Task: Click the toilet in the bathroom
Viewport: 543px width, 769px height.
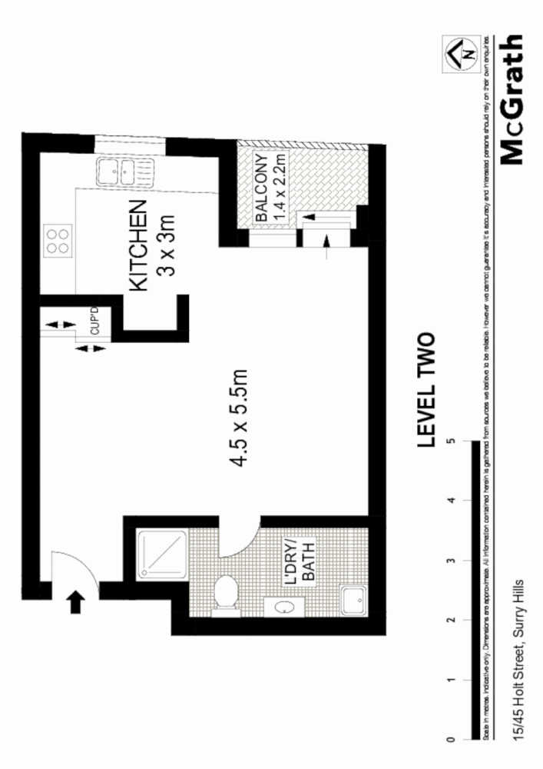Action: (224, 594)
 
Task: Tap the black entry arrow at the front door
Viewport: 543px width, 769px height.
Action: (75, 601)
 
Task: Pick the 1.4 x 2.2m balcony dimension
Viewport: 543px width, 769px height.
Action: (280, 188)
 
